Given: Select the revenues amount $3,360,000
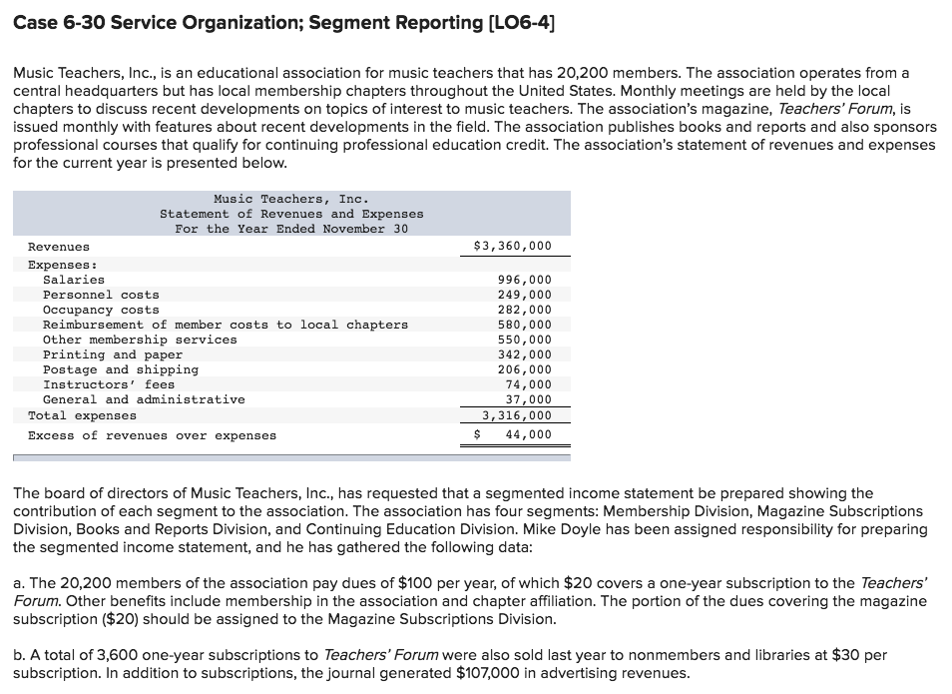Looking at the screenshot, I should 511,246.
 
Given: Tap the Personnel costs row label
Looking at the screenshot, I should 101,295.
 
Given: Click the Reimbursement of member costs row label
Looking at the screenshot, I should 225,325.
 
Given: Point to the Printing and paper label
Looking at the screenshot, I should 113,354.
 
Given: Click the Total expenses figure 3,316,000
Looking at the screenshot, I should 516,415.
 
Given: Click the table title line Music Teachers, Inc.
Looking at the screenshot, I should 290,199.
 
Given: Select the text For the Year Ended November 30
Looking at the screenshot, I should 290,229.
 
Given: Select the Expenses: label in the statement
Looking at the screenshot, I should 62,265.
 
